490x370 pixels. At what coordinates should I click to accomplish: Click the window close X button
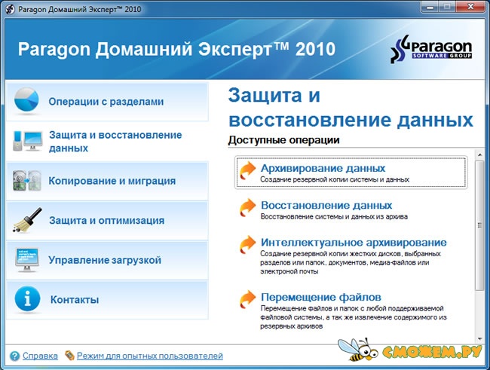click(x=470, y=7)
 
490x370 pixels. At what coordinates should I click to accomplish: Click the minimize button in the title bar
click(x=430, y=7)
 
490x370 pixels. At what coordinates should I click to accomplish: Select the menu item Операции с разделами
click(x=106, y=102)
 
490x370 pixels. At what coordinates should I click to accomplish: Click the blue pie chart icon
click(x=26, y=99)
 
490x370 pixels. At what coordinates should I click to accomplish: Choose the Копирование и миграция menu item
click(x=112, y=181)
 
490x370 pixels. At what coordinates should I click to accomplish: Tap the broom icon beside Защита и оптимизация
click(x=27, y=220)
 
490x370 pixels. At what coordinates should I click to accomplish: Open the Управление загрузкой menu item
click(x=105, y=260)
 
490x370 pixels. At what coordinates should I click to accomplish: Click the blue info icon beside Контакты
click(x=27, y=298)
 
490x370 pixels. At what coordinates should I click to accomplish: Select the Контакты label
click(x=75, y=300)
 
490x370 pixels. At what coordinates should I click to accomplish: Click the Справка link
click(x=40, y=356)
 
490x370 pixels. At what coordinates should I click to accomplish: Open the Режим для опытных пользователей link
click(x=150, y=356)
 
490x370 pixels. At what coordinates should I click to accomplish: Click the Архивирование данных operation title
click(x=323, y=168)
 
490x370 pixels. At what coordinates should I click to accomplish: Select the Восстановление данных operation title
click(x=326, y=205)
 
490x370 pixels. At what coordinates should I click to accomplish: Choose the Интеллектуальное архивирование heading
click(x=354, y=242)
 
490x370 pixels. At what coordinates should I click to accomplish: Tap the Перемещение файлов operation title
click(x=321, y=297)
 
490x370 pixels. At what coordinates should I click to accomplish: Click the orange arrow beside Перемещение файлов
click(x=248, y=299)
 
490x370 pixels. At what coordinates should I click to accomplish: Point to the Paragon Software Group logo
click(x=431, y=48)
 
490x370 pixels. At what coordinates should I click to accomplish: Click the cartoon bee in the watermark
click(x=358, y=349)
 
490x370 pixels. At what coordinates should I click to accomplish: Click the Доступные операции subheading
click(x=283, y=140)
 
